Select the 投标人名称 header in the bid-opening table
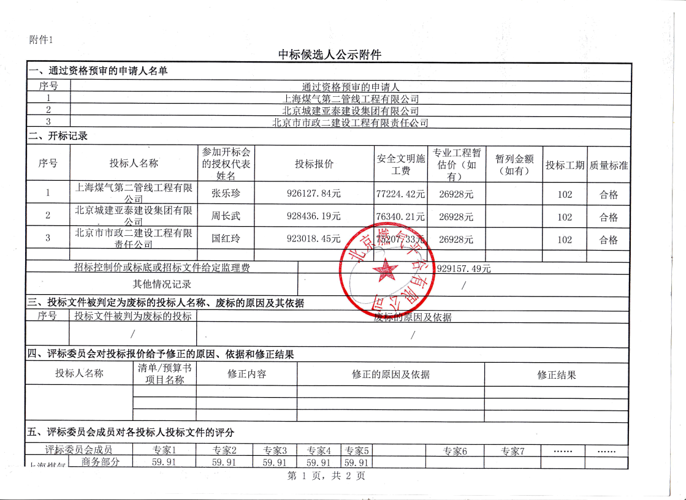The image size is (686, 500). pyautogui.click(x=134, y=164)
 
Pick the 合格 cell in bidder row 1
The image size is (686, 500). pyautogui.click(x=609, y=194)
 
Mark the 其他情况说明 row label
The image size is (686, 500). pyautogui.click(x=162, y=284)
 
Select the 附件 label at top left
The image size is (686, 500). pyautogui.click(x=40, y=40)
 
